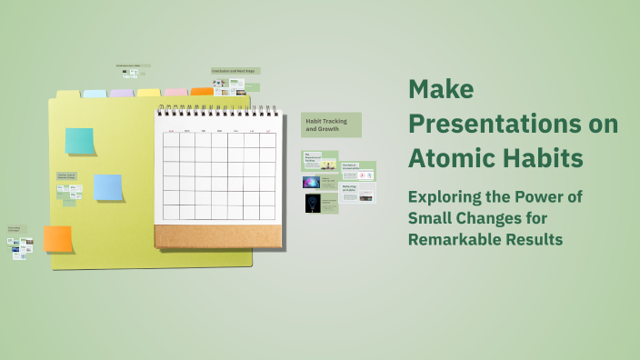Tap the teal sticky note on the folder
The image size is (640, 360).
pyautogui.click(x=80, y=141)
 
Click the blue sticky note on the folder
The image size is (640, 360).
pyautogui.click(x=108, y=187)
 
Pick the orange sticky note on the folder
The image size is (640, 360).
pyautogui.click(x=58, y=239)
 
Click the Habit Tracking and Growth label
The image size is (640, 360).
pyautogui.click(x=331, y=125)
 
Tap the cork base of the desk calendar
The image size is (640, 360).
pyautogui.click(x=217, y=236)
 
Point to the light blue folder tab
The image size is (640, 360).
pyautogui.click(x=95, y=94)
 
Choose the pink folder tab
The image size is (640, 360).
pyautogui.click(x=175, y=93)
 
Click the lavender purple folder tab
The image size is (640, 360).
pyautogui.click(x=122, y=94)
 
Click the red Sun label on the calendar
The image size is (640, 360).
pyautogui.click(x=170, y=132)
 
